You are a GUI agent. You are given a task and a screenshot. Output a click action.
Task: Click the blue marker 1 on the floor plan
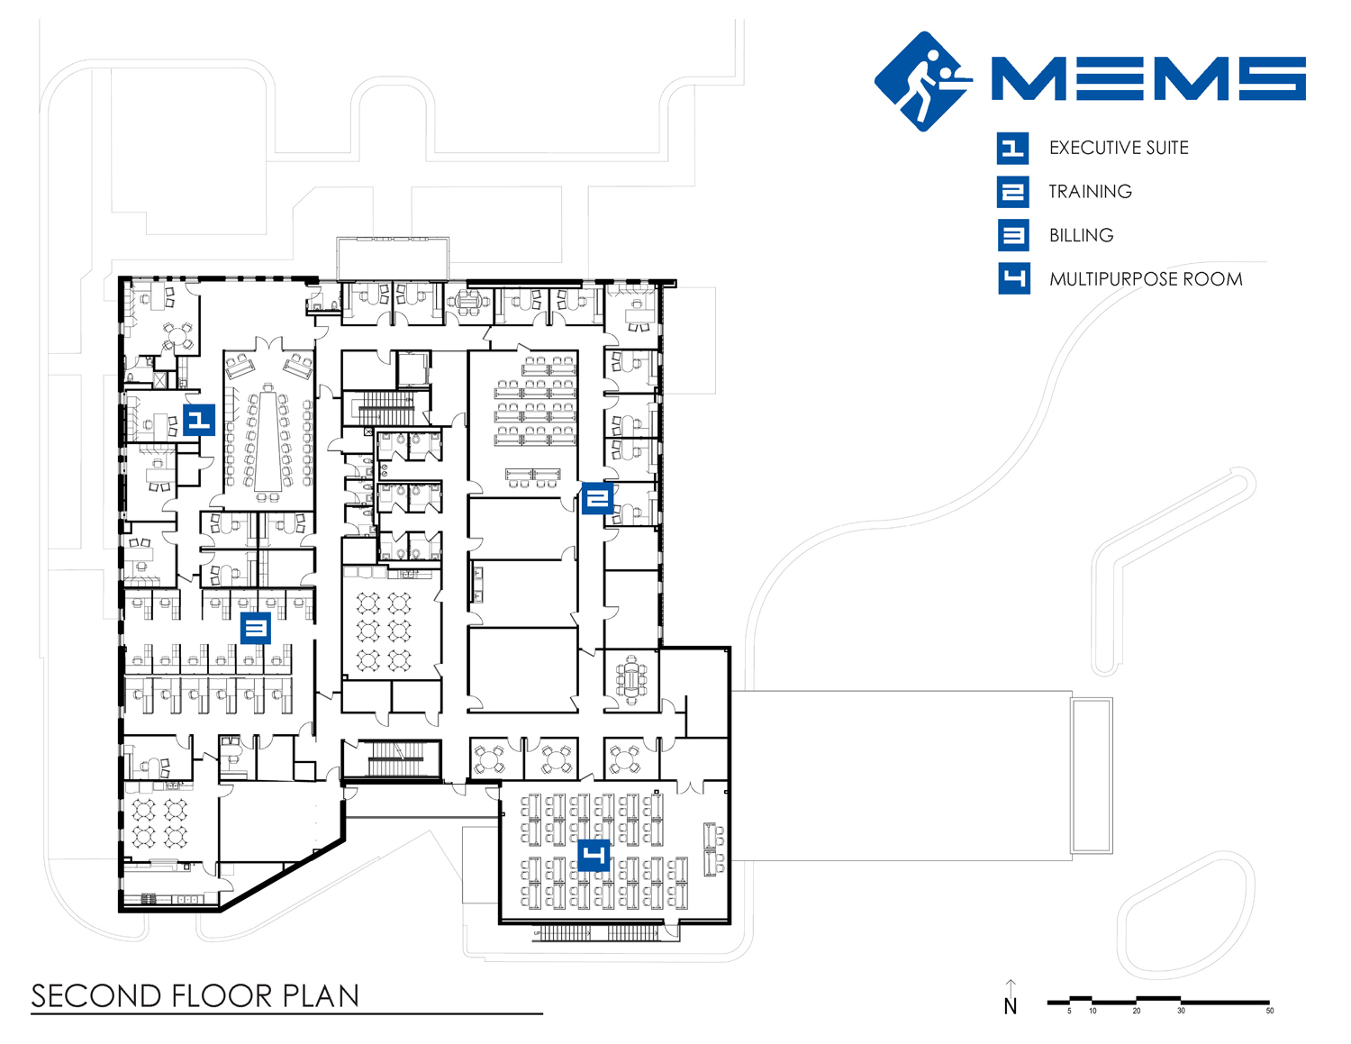199,421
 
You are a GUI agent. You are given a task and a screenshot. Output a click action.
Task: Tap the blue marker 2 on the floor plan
597,499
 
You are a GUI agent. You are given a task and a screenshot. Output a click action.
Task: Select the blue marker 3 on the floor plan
256,629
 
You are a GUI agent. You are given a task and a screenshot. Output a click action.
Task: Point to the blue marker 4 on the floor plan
594,856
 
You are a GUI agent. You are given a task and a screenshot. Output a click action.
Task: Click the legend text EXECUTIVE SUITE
1119,148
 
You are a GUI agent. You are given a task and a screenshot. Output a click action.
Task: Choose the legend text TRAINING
1091,192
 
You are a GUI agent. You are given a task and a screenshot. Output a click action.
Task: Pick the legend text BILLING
1081,235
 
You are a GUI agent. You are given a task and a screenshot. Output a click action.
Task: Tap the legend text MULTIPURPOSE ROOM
1146,279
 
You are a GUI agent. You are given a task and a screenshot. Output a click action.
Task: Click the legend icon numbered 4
1014,278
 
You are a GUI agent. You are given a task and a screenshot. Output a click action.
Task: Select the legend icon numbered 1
1012,149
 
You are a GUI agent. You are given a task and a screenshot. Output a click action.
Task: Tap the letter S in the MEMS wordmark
1272,78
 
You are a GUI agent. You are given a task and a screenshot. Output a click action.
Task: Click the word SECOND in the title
96,996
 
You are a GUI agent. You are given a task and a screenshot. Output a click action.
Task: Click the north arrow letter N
1011,1007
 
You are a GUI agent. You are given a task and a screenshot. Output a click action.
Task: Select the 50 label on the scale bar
1270,1011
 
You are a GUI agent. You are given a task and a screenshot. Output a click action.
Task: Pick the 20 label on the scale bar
1137,1011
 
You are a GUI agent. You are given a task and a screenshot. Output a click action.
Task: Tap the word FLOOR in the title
222,996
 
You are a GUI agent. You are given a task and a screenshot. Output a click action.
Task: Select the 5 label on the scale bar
1069,1011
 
